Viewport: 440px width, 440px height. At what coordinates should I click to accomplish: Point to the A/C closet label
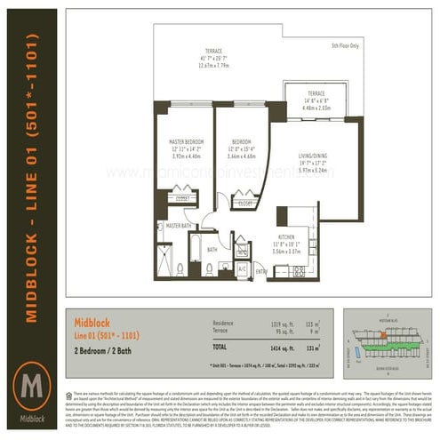(243, 268)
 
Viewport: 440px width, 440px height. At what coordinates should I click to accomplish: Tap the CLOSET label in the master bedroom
(183, 200)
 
